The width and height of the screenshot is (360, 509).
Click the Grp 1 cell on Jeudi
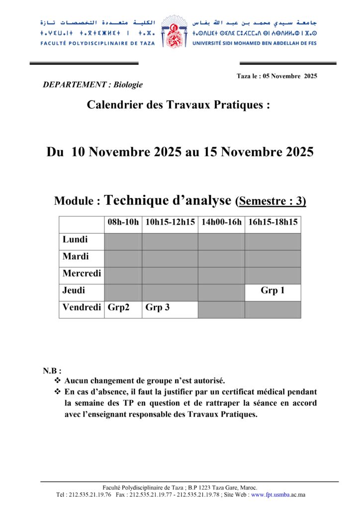(x=272, y=291)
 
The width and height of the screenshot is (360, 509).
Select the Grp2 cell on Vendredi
(x=119, y=308)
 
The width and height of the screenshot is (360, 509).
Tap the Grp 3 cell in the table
(x=158, y=308)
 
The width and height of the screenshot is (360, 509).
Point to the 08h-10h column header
(x=123, y=222)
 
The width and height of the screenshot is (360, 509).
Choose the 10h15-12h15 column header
(x=170, y=222)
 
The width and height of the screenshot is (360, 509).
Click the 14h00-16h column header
(x=221, y=222)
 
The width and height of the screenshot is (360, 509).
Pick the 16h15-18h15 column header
(x=272, y=222)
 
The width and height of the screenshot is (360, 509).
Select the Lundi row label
(x=75, y=240)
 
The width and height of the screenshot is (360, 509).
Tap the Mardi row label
(x=76, y=256)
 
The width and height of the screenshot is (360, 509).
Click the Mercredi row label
(x=82, y=273)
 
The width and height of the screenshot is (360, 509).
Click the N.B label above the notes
(x=52, y=371)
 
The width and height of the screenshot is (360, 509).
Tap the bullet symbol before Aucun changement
(x=57, y=381)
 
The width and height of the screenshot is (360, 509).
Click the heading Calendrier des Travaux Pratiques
(x=179, y=105)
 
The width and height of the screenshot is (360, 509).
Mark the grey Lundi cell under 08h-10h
(x=123, y=242)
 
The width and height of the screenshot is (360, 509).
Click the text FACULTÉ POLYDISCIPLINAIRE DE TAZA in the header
(x=98, y=43)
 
